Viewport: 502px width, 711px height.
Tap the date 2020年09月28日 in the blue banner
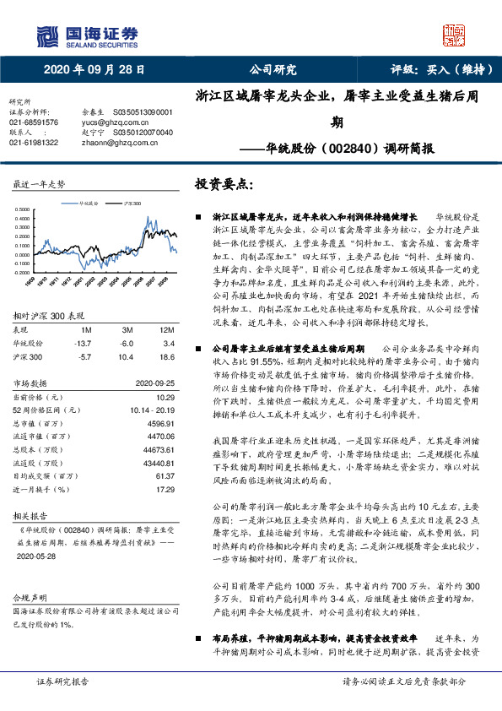[94, 69]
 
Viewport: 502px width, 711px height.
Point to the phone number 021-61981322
[34, 143]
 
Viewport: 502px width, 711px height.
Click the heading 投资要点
[224, 183]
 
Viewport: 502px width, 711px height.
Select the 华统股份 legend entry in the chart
[88, 204]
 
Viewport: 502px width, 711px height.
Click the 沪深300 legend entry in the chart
[132, 204]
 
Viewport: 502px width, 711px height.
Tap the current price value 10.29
[165, 396]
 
